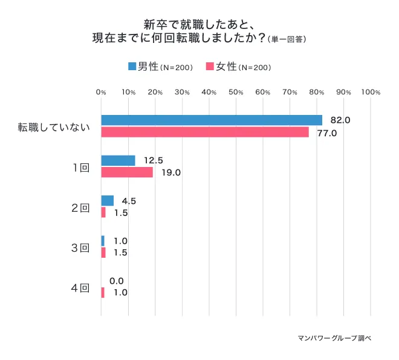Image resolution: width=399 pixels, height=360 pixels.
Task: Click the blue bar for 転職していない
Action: [x=212, y=120]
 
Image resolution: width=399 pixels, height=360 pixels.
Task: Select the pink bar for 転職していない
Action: [x=205, y=132]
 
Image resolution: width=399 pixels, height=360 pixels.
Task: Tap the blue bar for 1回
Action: [x=118, y=160]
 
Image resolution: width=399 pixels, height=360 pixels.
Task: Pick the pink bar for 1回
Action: [x=127, y=172]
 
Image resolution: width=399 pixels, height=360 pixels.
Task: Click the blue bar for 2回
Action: [x=108, y=200]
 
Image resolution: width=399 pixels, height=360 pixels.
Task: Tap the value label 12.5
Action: [x=154, y=160]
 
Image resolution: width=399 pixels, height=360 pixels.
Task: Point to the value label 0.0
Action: [x=117, y=281]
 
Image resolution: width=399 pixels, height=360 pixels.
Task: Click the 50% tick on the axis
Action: [x=236, y=93]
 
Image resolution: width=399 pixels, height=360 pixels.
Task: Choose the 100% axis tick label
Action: [x=370, y=93]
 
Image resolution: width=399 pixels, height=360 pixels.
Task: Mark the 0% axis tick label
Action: [x=102, y=93]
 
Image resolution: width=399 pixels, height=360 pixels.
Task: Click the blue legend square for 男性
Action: [x=132, y=66]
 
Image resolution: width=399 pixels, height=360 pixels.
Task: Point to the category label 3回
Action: [x=80, y=247]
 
